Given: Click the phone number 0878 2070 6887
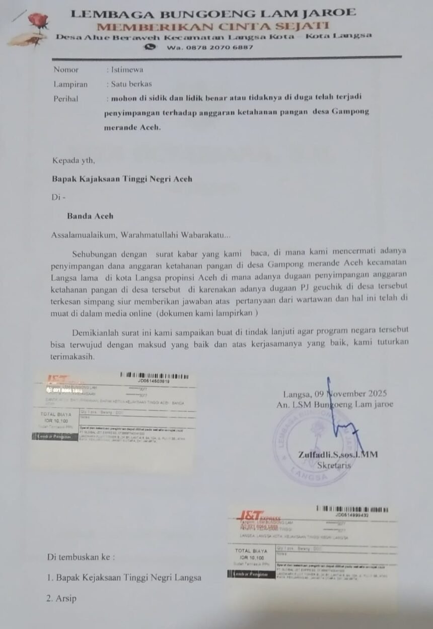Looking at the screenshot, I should click(x=218, y=47).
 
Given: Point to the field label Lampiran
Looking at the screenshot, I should click(x=70, y=85).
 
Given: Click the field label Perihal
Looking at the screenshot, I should click(x=66, y=99).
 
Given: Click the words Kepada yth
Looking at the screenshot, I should click(x=74, y=161).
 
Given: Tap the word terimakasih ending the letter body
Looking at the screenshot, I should click(x=73, y=356).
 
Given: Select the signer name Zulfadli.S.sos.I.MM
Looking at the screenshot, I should click(x=338, y=455).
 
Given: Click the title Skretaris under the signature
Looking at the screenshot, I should click(x=334, y=465).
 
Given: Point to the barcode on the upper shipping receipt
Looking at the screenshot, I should click(x=155, y=375).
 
